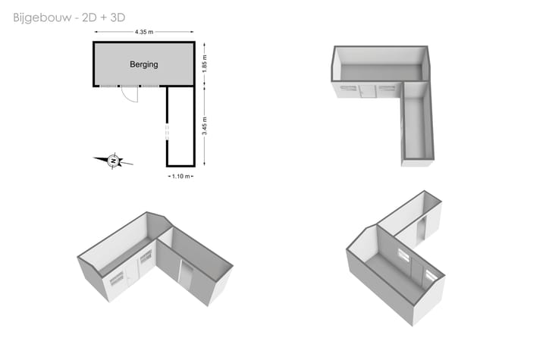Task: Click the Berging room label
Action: (x=144, y=64)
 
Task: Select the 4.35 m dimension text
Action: (x=144, y=32)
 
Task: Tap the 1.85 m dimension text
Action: (x=205, y=64)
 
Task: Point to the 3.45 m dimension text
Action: (x=205, y=126)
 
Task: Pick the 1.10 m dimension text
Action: (x=181, y=177)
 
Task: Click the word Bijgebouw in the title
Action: (x=42, y=17)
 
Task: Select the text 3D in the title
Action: (x=118, y=17)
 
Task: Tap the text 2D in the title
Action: (x=89, y=17)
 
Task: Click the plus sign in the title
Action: (x=104, y=17)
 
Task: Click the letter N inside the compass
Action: (x=113, y=161)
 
